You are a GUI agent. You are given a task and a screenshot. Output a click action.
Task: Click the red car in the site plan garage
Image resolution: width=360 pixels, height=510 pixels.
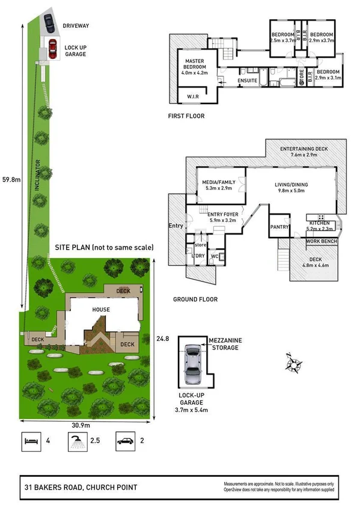(x=52, y=46)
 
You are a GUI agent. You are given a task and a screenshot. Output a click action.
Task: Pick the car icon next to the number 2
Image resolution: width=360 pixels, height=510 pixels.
(x=126, y=441)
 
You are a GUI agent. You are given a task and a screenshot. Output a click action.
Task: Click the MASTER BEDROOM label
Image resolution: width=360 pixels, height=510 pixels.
(x=194, y=66)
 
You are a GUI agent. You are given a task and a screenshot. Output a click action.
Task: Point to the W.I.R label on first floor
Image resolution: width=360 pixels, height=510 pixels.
(x=193, y=96)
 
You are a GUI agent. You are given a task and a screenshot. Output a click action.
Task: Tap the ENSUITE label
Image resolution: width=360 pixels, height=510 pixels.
(x=248, y=79)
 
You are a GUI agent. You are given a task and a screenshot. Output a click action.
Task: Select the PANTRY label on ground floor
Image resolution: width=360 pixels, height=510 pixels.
(x=279, y=227)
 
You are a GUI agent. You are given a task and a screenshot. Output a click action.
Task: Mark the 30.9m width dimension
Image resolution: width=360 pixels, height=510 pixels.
(x=81, y=425)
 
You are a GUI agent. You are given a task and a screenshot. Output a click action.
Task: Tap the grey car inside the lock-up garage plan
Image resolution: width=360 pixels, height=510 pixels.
(x=193, y=366)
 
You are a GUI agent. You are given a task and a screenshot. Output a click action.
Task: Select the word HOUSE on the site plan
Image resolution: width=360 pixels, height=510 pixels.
(x=101, y=309)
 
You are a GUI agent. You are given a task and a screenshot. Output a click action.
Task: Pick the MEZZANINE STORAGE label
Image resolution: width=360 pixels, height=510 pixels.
(x=225, y=343)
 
